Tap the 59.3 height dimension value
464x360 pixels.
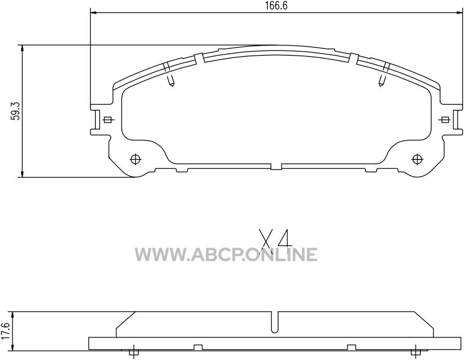coord(15,111)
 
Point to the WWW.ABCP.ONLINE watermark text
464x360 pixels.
coord(226,255)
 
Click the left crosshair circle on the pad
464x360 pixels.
coord(135,159)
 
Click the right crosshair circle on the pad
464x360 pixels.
coord(417,159)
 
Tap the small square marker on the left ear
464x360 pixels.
coord(108,120)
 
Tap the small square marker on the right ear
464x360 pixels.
coord(445,120)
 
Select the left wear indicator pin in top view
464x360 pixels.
coord(171,80)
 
